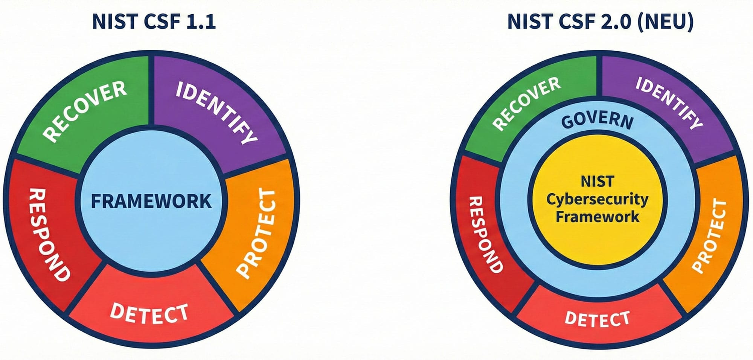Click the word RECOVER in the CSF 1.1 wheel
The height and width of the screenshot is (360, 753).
click(x=85, y=111)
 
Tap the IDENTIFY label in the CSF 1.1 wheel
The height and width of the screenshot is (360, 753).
click(x=217, y=112)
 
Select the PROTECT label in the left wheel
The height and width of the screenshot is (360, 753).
click(x=257, y=233)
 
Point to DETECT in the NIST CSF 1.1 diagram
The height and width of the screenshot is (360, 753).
click(x=149, y=313)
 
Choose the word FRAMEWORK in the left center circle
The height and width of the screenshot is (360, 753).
click(x=151, y=201)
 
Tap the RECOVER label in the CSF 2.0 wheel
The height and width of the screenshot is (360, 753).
click(x=526, y=104)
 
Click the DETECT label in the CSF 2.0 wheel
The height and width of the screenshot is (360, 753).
click(x=597, y=319)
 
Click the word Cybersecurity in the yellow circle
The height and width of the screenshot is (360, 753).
click(x=597, y=199)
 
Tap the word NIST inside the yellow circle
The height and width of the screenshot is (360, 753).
click(x=597, y=181)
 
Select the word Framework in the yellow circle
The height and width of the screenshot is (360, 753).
click(x=597, y=217)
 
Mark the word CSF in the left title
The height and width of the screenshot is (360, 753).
click(x=161, y=21)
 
